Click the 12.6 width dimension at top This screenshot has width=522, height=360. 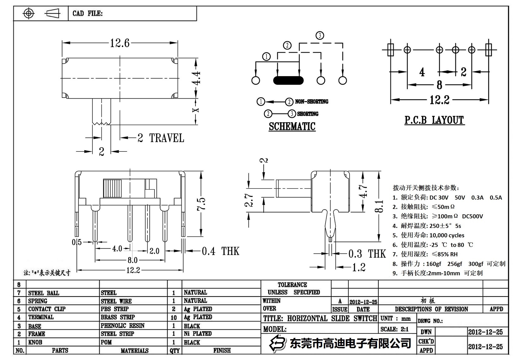[x=120, y=43]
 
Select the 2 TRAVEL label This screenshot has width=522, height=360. [x=161, y=138]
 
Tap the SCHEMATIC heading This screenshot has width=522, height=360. [x=292, y=126]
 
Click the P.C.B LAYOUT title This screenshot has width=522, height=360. [x=435, y=120]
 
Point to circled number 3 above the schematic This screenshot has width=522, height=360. [x=320, y=35]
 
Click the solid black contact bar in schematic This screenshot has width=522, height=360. [x=288, y=80]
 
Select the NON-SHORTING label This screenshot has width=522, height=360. [x=311, y=102]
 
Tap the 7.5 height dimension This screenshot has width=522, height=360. [x=201, y=204]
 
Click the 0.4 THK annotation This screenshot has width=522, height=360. [x=220, y=252]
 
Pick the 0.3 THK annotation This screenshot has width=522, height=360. [x=367, y=254]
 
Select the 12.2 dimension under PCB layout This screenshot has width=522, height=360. [x=439, y=100]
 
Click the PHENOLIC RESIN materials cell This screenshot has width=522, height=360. [x=123, y=326]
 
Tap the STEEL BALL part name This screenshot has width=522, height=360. [x=44, y=293]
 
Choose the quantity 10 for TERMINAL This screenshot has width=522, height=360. [x=174, y=317]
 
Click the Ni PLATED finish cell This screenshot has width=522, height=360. [x=198, y=334]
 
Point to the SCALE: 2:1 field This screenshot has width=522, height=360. [x=394, y=329]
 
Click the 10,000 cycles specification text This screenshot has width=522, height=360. [x=447, y=235]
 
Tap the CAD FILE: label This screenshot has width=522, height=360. [x=87, y=14]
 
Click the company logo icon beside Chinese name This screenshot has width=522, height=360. [x=277, y=344]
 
